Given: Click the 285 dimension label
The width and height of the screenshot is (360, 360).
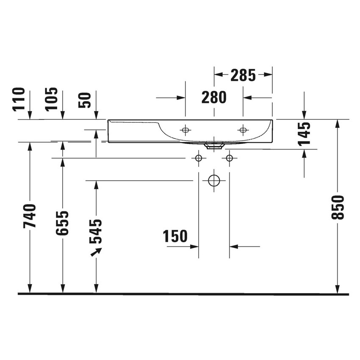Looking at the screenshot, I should [x=243, y=75].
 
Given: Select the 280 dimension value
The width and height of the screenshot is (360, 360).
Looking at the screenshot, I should [x=214, y=97].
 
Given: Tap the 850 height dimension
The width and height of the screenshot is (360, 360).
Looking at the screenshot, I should [x=338, y=207].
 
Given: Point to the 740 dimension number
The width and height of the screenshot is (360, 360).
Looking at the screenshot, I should [x=30, y=216].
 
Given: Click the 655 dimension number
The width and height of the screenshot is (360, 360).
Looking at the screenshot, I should [x=63, y=223].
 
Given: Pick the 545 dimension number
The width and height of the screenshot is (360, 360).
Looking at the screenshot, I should [x=96, y=231].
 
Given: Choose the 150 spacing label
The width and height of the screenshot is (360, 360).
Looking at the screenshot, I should [x=175, y=236].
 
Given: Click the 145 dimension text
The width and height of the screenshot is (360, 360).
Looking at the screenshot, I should [x=304, y=134].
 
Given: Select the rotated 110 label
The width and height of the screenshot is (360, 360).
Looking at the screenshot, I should [x=19, y=99].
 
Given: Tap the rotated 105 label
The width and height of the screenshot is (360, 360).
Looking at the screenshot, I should [x=52, y=99].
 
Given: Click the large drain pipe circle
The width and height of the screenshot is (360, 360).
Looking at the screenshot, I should [x=214, y=180].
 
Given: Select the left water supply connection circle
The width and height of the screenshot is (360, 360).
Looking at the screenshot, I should [x=198, y=158].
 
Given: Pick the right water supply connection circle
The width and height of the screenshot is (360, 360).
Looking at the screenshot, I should [x=229, y=158].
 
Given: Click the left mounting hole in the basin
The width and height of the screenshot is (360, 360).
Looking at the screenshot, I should [x=185, y=130].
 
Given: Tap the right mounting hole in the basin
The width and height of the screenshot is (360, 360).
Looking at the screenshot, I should [x=243, y=130].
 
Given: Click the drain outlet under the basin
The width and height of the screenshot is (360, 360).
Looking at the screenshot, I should [x=214, y=146].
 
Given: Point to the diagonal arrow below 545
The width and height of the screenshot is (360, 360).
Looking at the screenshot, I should [x=96, y=252].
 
